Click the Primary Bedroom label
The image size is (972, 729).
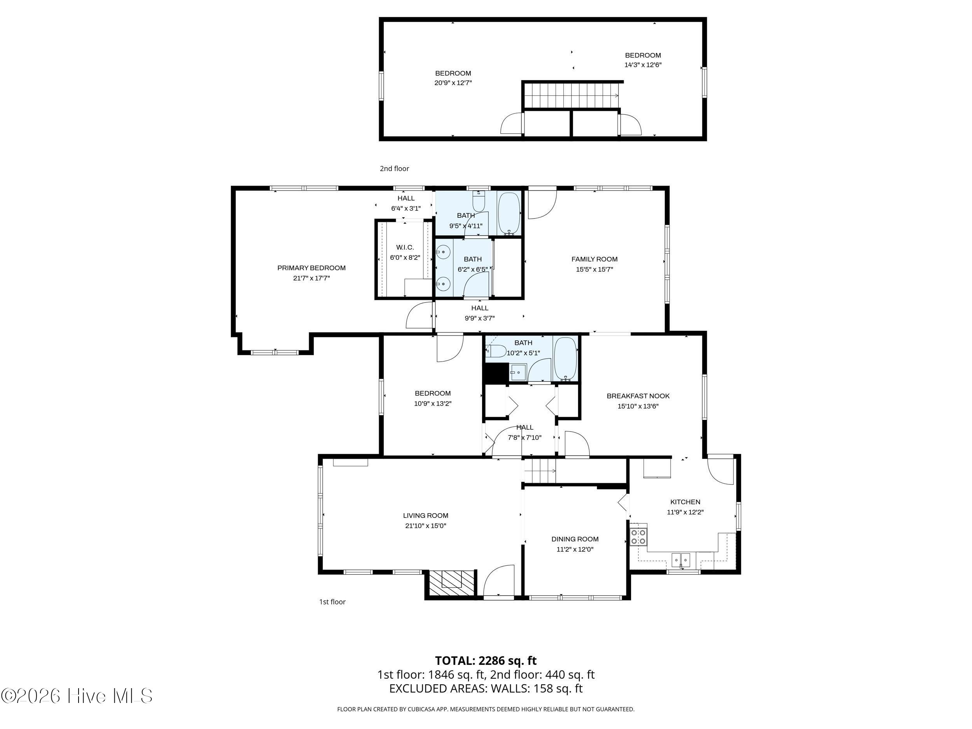[311, 268]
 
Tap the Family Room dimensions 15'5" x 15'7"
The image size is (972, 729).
[594, 269]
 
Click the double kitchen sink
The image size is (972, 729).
[681, 560]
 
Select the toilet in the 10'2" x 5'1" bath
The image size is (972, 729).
[496, 351]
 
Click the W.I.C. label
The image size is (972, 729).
[405, 247]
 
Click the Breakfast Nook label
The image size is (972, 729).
[638, 396]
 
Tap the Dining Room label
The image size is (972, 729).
[575, 539]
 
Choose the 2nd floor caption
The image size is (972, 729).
[394, 168]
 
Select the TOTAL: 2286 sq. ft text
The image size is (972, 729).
[486, 661]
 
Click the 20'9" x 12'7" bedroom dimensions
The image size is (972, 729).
[453, 82]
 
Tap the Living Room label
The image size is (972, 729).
[425, 516]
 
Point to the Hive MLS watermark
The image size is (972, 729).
[77, 696]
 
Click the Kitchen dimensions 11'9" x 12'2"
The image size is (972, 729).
[685, 512]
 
